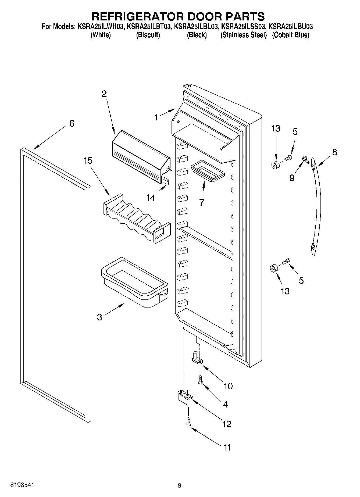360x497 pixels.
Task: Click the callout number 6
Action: (72, 124)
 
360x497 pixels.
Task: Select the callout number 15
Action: (88, 161)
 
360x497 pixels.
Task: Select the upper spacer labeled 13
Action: (275, 165)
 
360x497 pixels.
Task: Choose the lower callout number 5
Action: (301, 281)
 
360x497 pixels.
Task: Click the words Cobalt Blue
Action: (290, 35)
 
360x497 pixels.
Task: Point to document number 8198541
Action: (22, 485)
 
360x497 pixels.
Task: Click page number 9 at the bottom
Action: (180, 485)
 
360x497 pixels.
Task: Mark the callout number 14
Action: (151, 198)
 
